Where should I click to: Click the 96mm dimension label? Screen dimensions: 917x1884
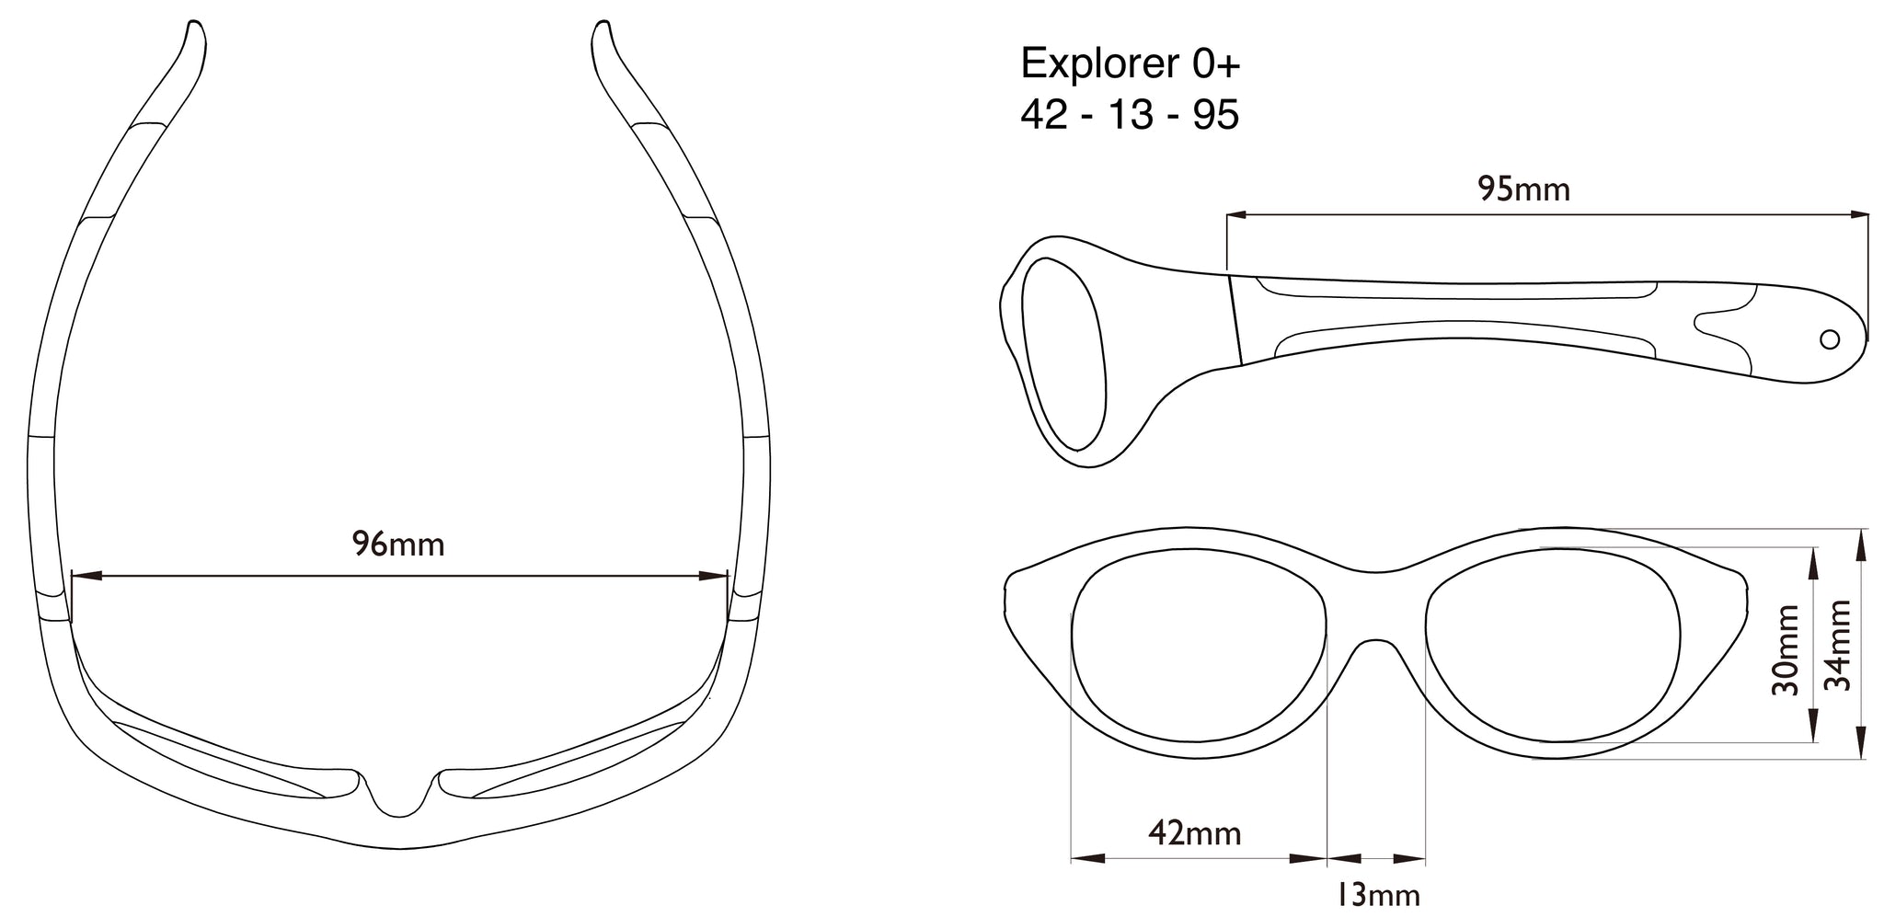coord(397,545)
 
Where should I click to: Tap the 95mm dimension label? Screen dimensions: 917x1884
coord(1523,189)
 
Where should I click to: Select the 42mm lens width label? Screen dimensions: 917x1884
coord(1194,834)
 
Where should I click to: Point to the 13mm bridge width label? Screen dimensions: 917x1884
coord(1377,894)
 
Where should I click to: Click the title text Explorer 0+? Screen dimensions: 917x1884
coord(1131,63)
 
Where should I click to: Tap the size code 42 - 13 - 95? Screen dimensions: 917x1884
coord(1129,116)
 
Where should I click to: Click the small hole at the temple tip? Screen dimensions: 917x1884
coord(1830,339)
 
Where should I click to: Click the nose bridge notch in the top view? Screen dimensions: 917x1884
coord(398,797)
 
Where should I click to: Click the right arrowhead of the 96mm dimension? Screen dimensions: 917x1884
coord(714,577)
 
